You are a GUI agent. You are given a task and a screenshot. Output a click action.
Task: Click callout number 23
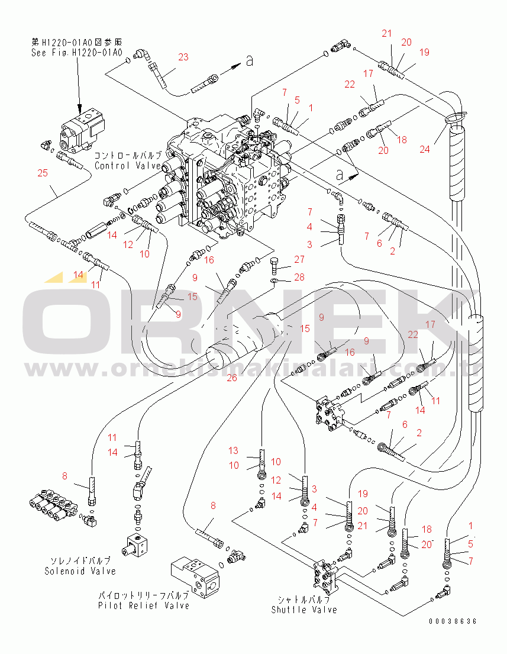(183, 57)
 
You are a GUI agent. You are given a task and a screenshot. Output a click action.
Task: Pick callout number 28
(299, 278)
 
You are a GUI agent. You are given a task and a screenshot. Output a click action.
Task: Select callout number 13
(234, 450)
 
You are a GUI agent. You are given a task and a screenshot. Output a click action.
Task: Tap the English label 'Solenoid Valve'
(80, 571)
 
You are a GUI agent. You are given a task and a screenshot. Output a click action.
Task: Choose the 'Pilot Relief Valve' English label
(144, 605)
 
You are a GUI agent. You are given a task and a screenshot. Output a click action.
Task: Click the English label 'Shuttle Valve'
(305, 610)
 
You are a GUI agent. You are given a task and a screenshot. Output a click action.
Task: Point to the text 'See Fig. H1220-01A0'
(77, 53)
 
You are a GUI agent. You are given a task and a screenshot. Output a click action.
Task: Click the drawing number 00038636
(453, 621)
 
